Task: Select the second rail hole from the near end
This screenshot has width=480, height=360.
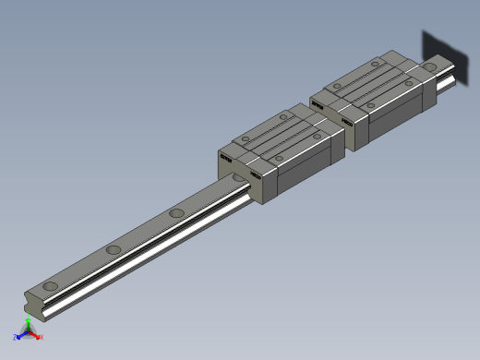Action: pyautogui.click(x=113, y=250)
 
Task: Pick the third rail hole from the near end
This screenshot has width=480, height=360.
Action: pyautogui.click(x=174, y=214)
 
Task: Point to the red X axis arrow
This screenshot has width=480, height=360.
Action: pyautogui.click(x=36, y=335)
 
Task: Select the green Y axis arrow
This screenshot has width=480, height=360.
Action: pyautogui.click(x=28, y=322)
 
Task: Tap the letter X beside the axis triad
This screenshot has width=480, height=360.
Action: pyautogui.click(x=42, y=337)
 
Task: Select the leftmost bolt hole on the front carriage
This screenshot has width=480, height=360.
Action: pyautogui.click(x=246, y=140)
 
